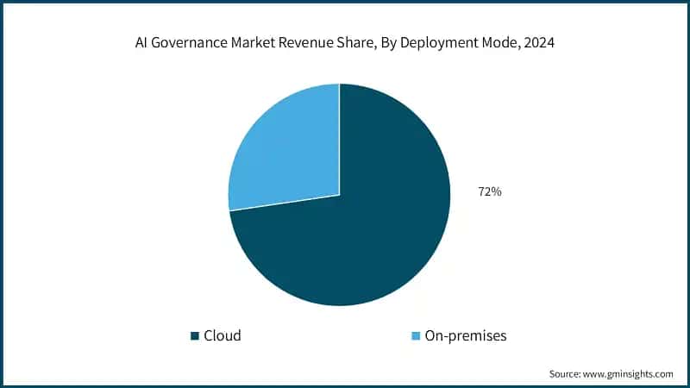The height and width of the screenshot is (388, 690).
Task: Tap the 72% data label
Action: [x=489, y=192]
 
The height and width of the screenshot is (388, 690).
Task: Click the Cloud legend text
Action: [x=222, y=335]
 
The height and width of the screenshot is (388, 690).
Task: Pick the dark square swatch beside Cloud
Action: [x=195, y=335]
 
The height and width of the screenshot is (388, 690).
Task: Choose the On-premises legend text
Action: [x=466, y=335]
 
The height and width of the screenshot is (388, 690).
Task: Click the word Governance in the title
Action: [x=191, y=41]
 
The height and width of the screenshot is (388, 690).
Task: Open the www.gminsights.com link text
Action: [x=630, y=374]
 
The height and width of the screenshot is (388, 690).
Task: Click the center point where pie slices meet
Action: [x=339, y=194]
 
